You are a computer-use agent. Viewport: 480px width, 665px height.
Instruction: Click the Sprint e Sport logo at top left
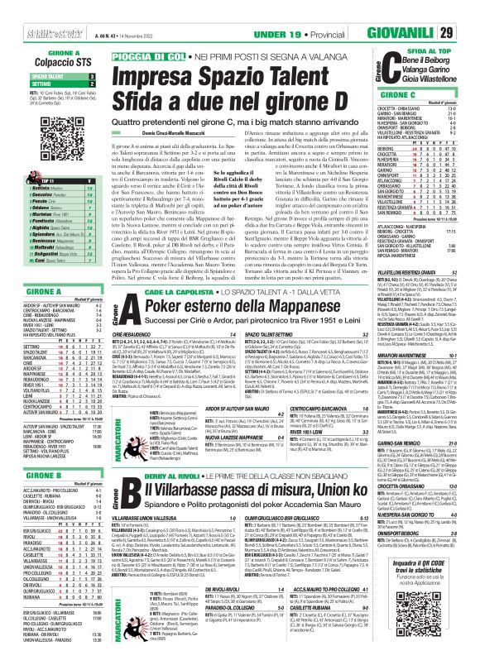[26, 9]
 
